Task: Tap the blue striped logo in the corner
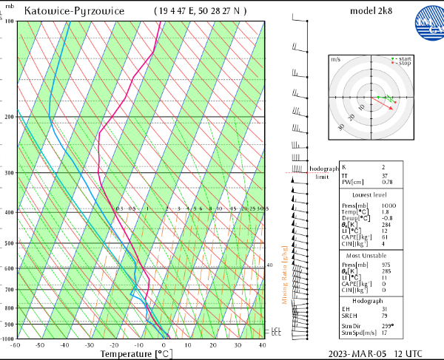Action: (427, 17)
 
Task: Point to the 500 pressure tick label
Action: (9, 243)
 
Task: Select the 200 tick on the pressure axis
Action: (9, 118)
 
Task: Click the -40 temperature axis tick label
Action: (64, 344)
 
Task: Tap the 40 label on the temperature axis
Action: (263, 344)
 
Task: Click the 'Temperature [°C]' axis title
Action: (135, 354)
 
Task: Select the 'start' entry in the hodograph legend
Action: (403, 58)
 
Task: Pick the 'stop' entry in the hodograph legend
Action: (403, 64)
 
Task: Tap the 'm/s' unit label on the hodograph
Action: (335, 58)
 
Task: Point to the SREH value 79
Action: (384, 316)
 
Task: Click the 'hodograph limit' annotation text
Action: (322, 173)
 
